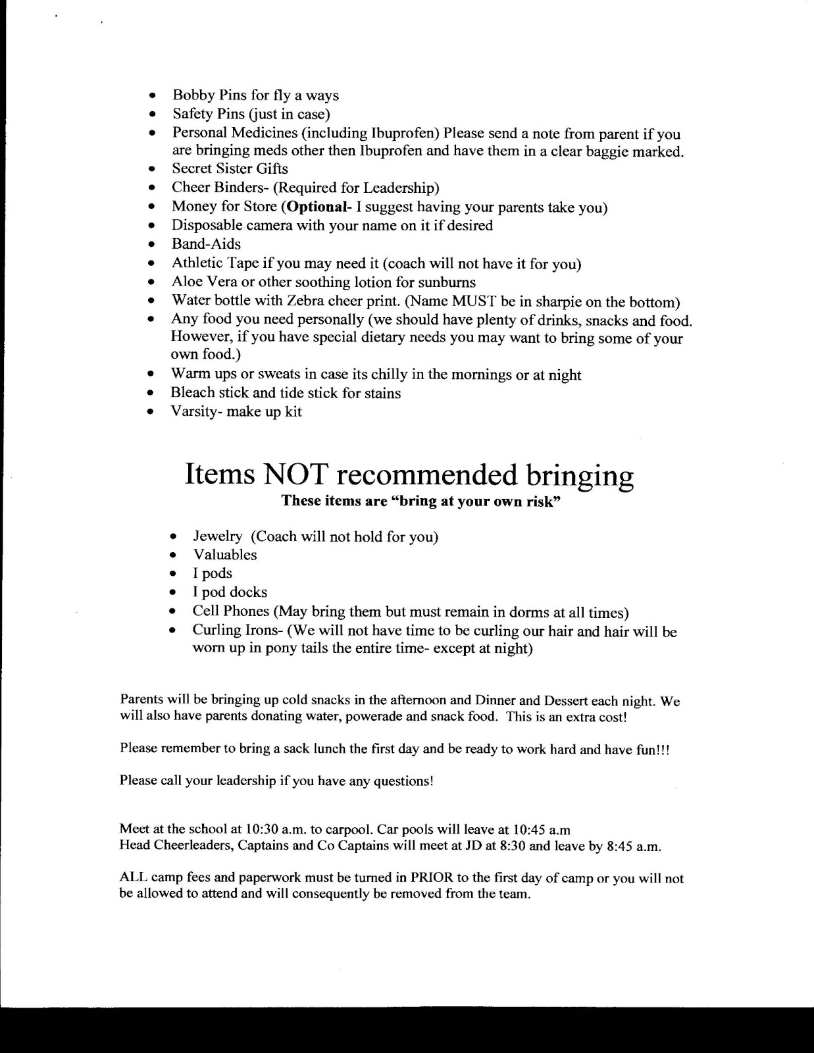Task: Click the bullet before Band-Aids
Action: (x=151, y=245)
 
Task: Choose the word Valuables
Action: (x=225, y=555)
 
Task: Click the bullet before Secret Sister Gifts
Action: (x=151, y=169)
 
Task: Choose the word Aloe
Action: (x=188, y=282)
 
